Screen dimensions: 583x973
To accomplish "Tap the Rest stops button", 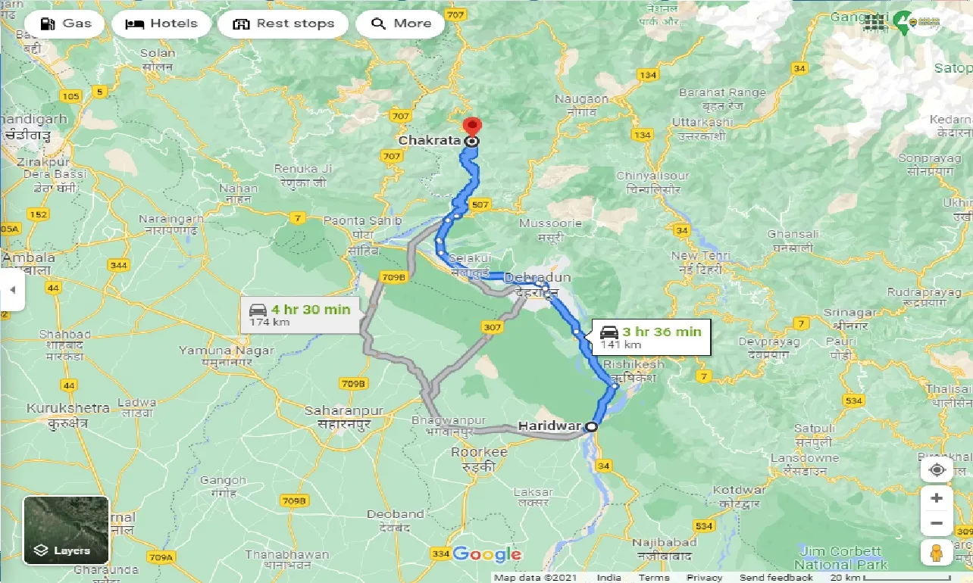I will click(283, 23).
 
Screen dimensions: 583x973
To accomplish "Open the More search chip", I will click(401, 23).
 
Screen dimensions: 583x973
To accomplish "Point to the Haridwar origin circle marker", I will click(591, 426).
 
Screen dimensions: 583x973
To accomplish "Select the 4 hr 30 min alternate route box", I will click(300, 315).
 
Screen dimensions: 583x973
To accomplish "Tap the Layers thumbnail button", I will click(67, 530).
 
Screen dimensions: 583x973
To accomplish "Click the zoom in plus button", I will click(937, 497).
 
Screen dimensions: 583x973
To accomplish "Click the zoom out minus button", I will click(937, 523).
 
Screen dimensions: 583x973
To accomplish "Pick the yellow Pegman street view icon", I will click(937, 553).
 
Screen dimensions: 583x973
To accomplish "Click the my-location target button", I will click(937, 469).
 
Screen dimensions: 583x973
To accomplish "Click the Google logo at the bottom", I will click(486, 555).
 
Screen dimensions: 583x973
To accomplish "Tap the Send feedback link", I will click(777, 578).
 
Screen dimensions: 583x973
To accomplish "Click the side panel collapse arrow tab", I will click(12, 290).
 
